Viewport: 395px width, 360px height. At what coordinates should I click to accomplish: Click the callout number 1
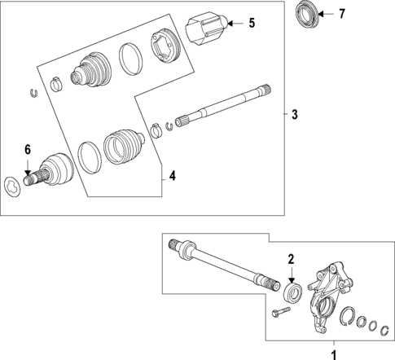tap(331, 353)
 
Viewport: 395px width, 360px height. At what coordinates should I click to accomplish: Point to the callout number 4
tap(172, 175)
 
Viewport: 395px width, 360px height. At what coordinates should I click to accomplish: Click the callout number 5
tap(251, 24)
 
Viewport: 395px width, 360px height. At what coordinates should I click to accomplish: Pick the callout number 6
tap(27, 149)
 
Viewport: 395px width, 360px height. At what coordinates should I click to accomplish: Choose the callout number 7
tap(342, 14)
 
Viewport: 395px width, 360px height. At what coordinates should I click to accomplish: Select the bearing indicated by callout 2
tap(294, 291)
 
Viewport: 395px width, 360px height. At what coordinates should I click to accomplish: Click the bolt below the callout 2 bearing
tap(280, 314)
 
